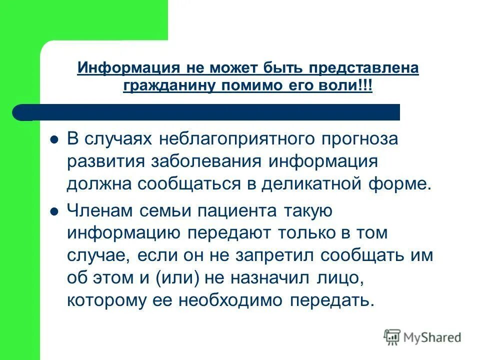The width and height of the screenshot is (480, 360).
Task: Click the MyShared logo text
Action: click(432, 337)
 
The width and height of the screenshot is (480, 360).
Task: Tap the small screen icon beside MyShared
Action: click(392, 337)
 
